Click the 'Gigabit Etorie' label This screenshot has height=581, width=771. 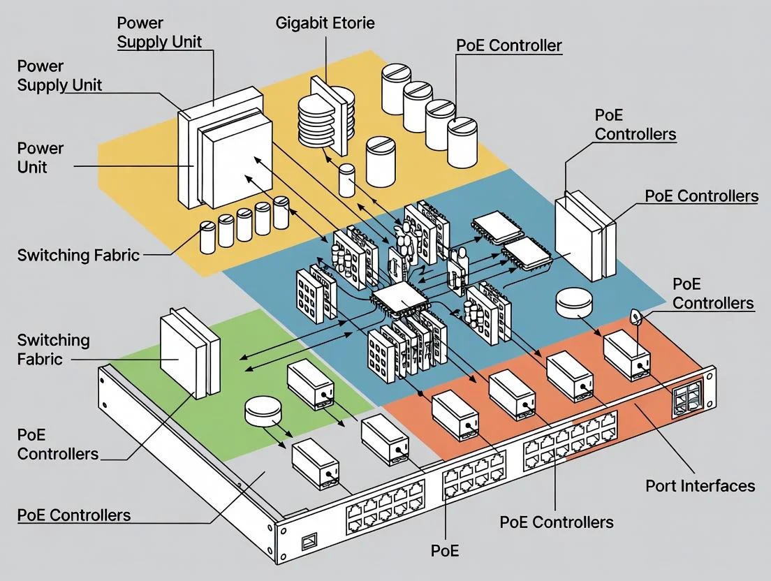[325, 22]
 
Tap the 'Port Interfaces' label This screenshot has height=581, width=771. [700, 485]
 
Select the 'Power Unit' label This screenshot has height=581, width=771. [41, 157]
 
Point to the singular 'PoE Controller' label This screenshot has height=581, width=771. [508, 46]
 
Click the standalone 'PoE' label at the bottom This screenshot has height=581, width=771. [445, 550]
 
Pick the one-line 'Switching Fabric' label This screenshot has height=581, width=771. [78, 255]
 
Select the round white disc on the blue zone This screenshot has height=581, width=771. [575, 303]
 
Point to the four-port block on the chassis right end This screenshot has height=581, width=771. [687, 399]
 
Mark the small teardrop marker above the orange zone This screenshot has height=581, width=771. [636, 318]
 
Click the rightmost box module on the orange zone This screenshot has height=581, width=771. [626, 355]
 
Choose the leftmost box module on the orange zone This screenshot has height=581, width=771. [455, 416]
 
